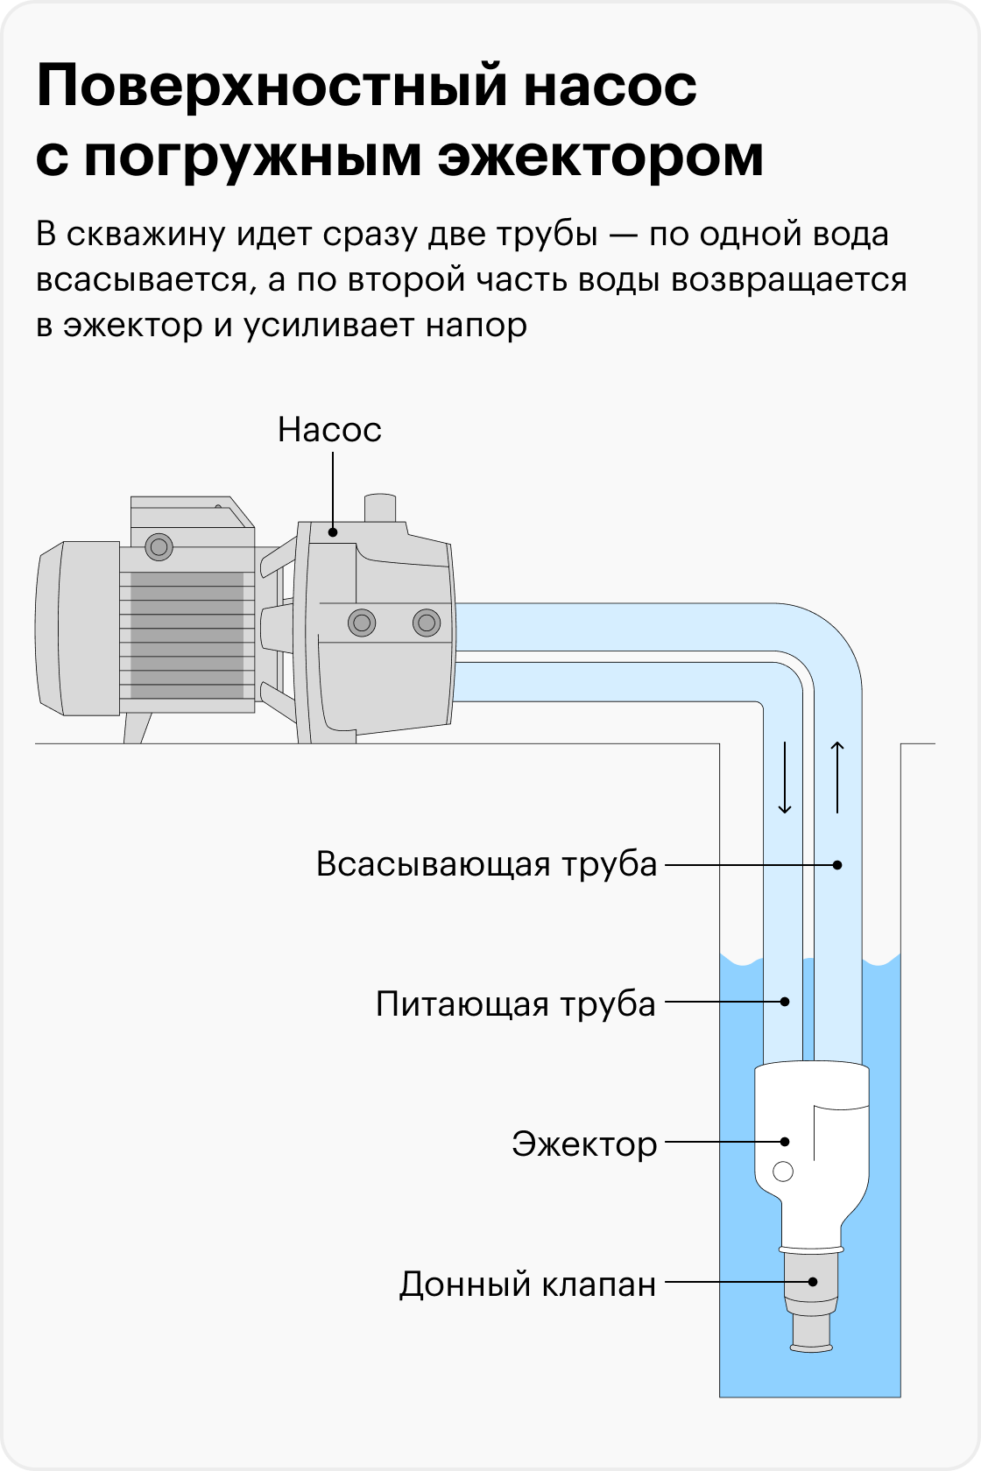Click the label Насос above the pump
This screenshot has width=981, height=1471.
[x=329, y=430]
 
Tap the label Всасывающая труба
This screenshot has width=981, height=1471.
[x=486, y=865]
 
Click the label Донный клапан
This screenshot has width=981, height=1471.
[x=527, y=1284]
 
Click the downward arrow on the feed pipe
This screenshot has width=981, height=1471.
[x=785, y=778]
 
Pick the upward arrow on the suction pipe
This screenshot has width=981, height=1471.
[x=837, y=778]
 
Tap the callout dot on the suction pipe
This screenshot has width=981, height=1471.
[x=837, y=865]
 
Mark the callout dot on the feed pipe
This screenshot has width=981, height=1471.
[x=785, y=1002]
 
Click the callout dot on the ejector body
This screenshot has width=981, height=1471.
[x=785, y=1142]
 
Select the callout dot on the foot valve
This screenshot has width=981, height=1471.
[x=813, y=1282]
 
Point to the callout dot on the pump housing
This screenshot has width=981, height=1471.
[x=333, y=532]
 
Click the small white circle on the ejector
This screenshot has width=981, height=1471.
[x=782, y=1172]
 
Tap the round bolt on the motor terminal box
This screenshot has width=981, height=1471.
[x=159, y=546]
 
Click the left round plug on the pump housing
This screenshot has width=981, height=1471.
[x=362, y=623]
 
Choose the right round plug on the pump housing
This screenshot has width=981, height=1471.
[x=427, y=623]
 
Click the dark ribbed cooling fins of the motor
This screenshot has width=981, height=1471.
[x=187, y=635]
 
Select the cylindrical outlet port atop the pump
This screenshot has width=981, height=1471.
[x=380, y=508]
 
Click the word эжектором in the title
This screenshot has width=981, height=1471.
[x=601, y=158]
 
